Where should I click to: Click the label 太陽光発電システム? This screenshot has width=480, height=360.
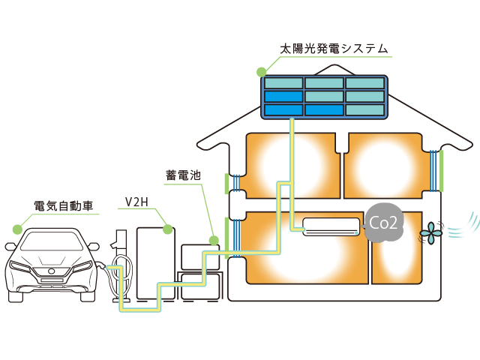[x=334, y=49]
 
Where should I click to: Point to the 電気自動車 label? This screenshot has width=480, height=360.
[x=67, y=205]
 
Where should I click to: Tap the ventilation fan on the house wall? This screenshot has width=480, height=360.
[x=430, y=234]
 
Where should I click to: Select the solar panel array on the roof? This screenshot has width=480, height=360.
[x=324, y=97]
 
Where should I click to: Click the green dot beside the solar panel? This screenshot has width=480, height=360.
[x=261, y=73]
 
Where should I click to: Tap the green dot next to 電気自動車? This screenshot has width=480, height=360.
[x=16, y=226]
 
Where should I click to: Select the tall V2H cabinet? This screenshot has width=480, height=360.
[x=155, y=259]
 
